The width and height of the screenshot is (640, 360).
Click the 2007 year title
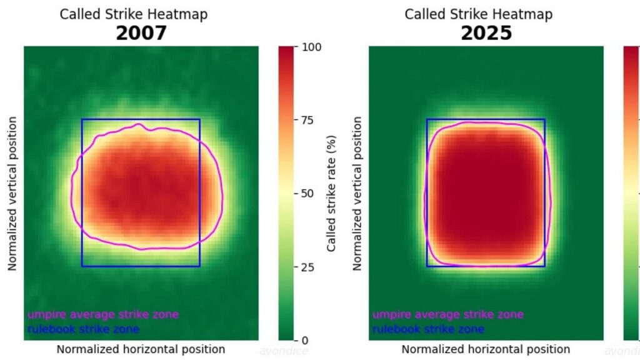[x=141, y=32]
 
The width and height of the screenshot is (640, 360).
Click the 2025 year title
[x=486, y=32]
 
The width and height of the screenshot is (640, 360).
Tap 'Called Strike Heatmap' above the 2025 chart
[x=479, y=14]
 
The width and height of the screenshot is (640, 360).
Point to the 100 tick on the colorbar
[x=312, y=47]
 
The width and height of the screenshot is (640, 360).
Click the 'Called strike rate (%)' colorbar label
[x=332, y=193]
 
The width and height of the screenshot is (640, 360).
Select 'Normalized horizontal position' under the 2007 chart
[x=141, y=349]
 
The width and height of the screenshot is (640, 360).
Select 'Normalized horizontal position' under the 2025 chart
[x=486, y=349]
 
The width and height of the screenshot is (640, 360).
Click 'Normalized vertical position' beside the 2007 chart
[x=12, y=193]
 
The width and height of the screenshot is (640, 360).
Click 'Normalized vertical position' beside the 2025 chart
[x=357, y=193]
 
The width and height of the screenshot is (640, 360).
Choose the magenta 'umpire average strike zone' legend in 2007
[x=103, y=314]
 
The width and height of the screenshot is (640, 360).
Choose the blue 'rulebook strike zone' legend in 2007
[x=83, y=329]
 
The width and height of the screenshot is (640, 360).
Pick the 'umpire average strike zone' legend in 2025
[x=448, y=314]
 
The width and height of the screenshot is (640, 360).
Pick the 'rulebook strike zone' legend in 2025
[x=428, y=329]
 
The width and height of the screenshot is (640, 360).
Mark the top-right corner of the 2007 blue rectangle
[x=200, y=119]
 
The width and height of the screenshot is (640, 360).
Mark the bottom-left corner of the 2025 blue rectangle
[x=427, y=266]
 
